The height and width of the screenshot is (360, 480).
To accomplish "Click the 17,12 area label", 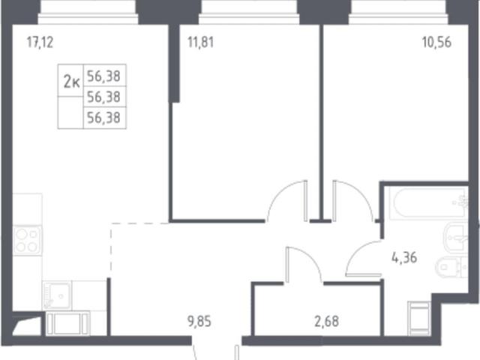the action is click(x=40, y=42).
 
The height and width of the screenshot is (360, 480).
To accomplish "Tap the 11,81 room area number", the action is click(x=200, y=42).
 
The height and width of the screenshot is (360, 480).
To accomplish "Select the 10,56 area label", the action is click(x=436, y=42).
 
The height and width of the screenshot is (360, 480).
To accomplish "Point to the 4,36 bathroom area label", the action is click(x=404, y=258).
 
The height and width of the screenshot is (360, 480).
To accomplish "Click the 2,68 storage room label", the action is click(x=327, y=322).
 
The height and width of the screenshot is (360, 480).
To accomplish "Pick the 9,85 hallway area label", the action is click(x=199, y=322).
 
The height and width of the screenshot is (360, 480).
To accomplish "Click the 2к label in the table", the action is click(x=71, y=82).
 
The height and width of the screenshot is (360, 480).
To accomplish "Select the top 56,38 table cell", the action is click(x=103, y=76).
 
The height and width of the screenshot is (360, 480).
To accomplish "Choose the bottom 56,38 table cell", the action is click(x=103, y=118).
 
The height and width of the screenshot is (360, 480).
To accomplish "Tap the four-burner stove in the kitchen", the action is click(x=28, y=241).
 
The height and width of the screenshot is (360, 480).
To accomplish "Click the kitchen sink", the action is click(x=57, y=295).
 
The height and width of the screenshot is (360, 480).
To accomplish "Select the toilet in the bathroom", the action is click(x=451, y=268).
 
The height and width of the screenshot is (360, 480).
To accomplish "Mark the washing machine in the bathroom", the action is click(x=419, y=318).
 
